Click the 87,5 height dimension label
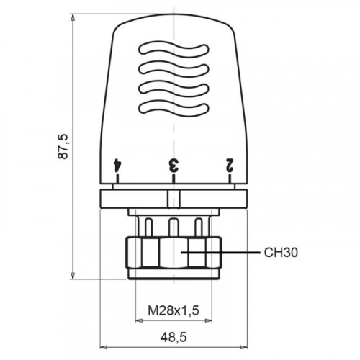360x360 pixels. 63,146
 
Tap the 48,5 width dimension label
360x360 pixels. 174,338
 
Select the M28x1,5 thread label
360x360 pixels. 174,310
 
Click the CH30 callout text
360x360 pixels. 281,253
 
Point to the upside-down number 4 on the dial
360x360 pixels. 117,165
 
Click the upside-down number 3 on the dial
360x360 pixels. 174,165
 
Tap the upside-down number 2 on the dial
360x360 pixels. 229,165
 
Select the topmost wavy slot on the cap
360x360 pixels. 174,50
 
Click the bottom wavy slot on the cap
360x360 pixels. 174,109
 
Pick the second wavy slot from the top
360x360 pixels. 174,69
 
